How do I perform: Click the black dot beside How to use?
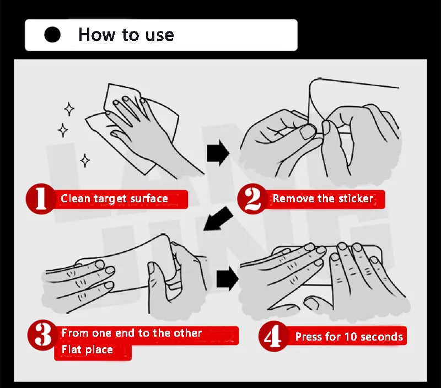(x=52, y=35)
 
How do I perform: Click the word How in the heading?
(x=96, y=35)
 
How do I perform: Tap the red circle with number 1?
(x=41, y=199)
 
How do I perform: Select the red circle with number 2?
(x=252, y=199)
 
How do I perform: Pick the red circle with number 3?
(x=43, y=335)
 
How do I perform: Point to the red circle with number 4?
(x=273, y=336)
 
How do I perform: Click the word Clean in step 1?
(x=75, y=198)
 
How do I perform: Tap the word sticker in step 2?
(x=356, y=198)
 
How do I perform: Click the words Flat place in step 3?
(x=87, y=349)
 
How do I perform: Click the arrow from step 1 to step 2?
(x=218, y=153)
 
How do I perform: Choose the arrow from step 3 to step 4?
(x=228, y=279)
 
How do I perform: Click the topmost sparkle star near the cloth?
(x=69, y=109)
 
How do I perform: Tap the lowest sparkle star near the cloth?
(x=85, y=160)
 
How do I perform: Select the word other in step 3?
(x=187, y=333)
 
